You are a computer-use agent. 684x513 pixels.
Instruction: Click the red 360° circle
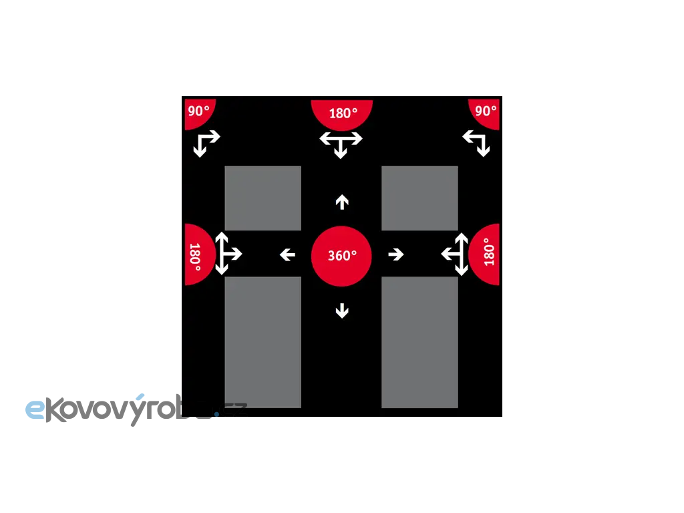(x=341, y=255)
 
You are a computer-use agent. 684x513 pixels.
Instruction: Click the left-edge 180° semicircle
(x=197, y=254)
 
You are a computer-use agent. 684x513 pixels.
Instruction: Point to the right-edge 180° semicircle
(x=486, y=254)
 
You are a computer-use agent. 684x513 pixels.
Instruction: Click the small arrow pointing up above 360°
(x=342, y=201)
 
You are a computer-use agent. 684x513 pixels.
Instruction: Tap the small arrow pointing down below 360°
(x=342, y=310)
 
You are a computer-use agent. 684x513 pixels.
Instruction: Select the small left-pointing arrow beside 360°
(x=287, y=254)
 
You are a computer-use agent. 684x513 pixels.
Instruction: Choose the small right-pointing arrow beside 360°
(x=396, y=254)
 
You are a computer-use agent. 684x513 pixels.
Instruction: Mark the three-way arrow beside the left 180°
(x=226, y=254)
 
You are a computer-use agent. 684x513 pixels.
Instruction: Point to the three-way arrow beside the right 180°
(x=456, y=254)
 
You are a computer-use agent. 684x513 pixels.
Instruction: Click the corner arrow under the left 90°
(x=204, y=143)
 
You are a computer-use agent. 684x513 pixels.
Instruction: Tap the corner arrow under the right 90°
(x=477, y=143)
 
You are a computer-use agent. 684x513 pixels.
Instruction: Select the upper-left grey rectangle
(x=263, y=198)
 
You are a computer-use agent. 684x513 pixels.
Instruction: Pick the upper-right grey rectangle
(x=419, y=198)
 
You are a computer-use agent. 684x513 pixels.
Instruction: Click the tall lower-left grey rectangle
(x=263, y=342)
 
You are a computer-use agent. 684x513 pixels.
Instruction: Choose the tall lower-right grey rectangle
(x=419, y=342)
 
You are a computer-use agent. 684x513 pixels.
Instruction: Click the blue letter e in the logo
(x=35, y=409)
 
